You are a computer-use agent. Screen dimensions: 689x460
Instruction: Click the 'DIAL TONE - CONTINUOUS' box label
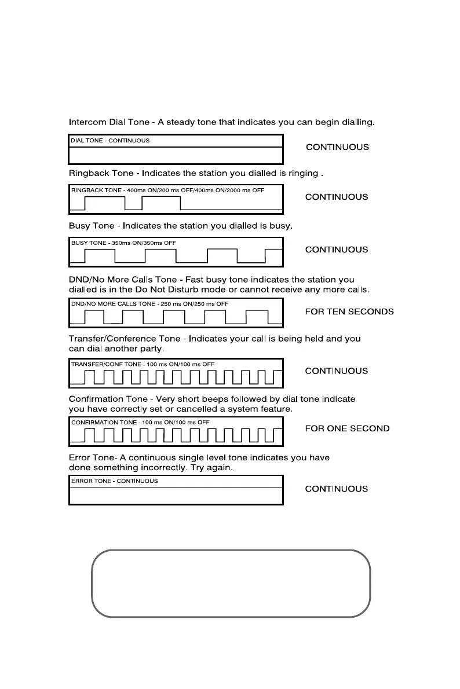coord(110,141)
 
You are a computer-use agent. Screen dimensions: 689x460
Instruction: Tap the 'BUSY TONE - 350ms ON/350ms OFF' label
coord(123,243)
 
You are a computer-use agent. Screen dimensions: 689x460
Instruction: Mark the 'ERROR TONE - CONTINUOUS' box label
coord(114,481)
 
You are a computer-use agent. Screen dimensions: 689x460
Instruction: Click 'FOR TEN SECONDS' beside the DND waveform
coord(349,311)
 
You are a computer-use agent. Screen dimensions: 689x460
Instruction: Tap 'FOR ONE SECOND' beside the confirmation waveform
coord(348,428)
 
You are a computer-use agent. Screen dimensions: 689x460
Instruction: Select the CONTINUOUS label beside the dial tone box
coord(337,147)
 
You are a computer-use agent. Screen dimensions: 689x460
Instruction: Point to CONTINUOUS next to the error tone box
coord(337,489)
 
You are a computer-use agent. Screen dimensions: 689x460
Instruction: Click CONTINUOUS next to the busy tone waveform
coord(337,250)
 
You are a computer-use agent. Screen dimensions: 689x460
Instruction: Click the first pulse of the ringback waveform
coord(105,203)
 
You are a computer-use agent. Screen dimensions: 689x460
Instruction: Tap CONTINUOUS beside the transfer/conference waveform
coord(337,371)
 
